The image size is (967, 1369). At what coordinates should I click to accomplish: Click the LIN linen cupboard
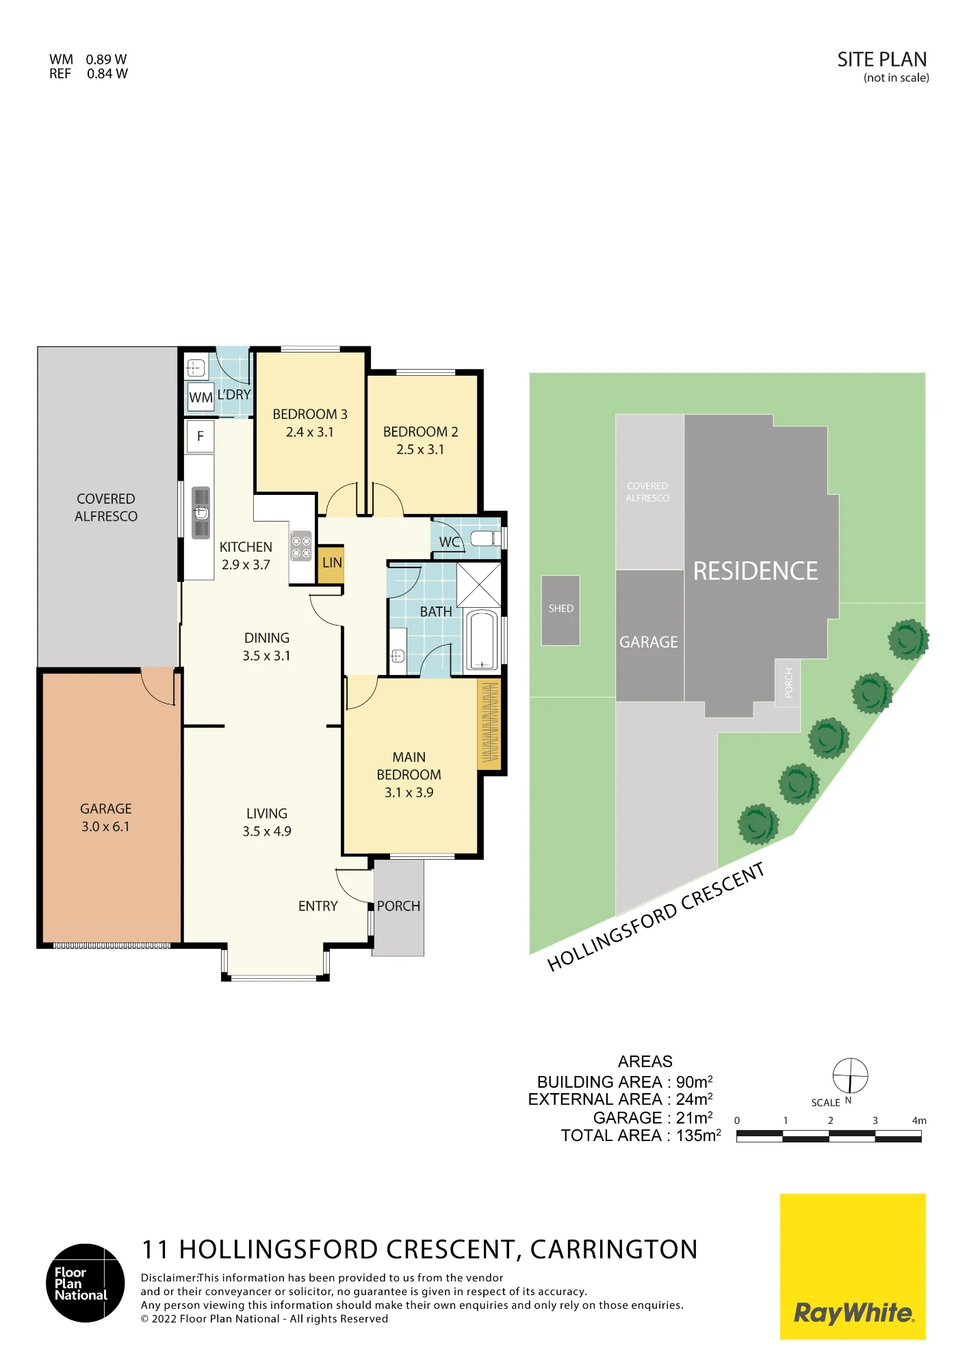331,564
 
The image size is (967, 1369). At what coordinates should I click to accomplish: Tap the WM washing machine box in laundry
201,397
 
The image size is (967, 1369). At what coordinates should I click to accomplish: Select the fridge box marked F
200,436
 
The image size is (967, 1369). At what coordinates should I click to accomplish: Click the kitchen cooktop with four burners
301,546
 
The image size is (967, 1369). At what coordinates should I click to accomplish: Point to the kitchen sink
201,513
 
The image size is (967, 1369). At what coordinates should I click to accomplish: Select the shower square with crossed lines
479,585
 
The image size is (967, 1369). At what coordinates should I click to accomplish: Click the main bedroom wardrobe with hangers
489,724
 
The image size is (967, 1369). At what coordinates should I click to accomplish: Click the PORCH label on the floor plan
398,906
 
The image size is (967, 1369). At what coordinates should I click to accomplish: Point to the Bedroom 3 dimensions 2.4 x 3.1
310,433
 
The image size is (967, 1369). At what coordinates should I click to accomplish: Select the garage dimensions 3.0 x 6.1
105,827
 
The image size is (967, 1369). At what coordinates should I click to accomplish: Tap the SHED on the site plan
560,611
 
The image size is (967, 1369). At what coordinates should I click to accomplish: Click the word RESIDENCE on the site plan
756,572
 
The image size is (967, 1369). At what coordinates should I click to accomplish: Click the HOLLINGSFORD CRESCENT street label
656,917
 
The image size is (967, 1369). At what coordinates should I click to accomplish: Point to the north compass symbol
850,1076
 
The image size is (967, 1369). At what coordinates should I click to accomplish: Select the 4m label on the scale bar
919,1121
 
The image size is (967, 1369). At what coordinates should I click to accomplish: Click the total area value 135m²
699,1136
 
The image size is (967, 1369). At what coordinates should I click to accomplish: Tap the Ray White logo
853,1267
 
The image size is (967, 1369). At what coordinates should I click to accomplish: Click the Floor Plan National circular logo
86,1283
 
